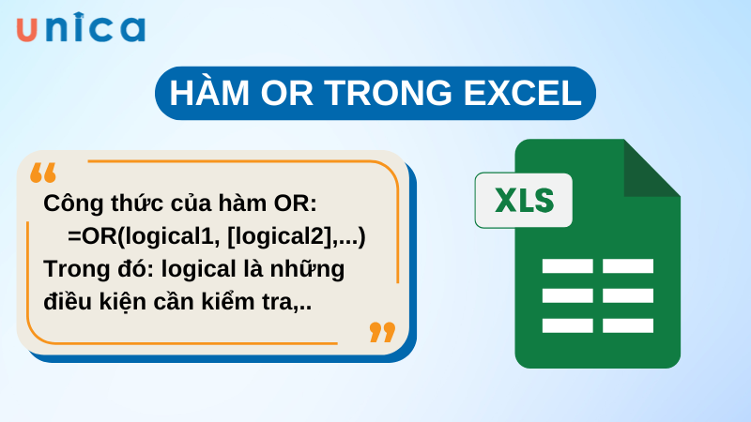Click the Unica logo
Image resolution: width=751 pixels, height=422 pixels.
(x=81, y=28)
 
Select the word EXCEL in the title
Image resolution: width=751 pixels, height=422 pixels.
(x=527, y=94)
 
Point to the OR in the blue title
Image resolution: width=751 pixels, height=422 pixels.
(x=289, y=94)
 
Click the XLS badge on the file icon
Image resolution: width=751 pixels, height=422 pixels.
(x=523, y=200)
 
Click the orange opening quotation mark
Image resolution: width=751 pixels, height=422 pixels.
(x=43, y=173)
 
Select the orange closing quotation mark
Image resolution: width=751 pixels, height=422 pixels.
(x=382, y=332)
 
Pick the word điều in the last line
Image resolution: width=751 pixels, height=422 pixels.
(x=68, y=301)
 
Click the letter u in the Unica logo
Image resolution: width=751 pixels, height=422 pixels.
(x=27, y=29)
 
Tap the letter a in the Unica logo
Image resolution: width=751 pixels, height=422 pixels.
(x=131, y=29)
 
